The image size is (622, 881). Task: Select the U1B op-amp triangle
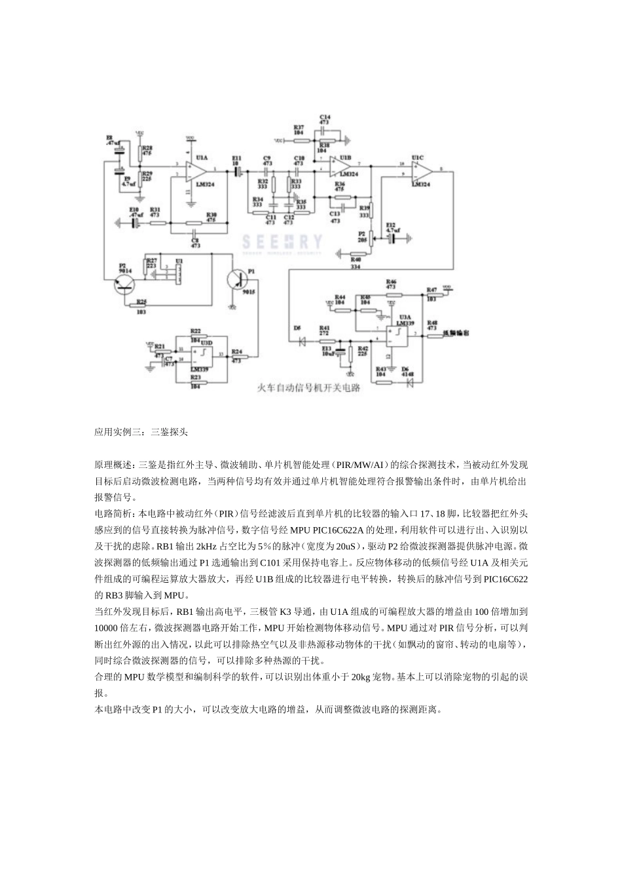[341, 167]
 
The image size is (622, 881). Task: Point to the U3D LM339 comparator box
[202, 356]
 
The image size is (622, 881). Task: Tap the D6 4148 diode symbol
[410, 380]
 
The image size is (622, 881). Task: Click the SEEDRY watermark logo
[282, 243]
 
